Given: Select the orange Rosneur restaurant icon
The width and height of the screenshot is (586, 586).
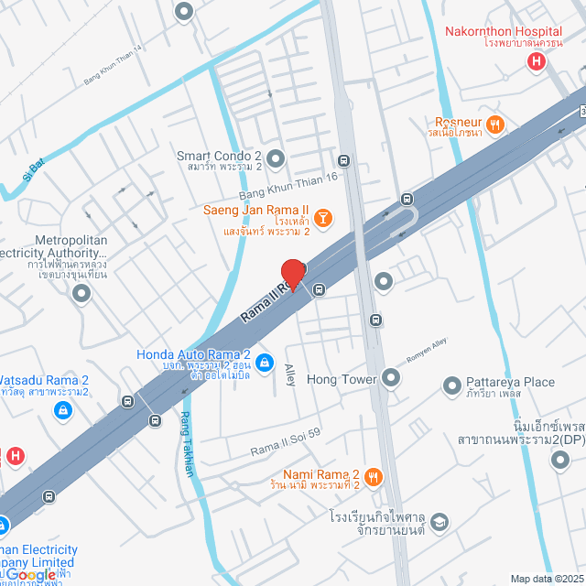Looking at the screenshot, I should [495, 123].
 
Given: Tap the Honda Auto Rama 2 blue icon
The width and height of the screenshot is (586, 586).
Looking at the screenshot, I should [265, 363].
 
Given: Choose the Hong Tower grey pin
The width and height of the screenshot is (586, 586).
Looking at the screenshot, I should [392, 377].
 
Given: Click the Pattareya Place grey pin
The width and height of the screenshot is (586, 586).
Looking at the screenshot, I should [450, 388].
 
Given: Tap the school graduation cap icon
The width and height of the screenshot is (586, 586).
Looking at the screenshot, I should [439, 521].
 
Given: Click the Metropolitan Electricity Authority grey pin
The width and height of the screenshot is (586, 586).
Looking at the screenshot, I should [81, 294].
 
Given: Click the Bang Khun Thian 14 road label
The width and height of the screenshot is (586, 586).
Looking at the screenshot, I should [114, 66].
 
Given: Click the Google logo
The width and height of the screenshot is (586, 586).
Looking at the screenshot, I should [32, 574].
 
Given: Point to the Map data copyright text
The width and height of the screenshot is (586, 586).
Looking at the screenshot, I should [547, 578].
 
